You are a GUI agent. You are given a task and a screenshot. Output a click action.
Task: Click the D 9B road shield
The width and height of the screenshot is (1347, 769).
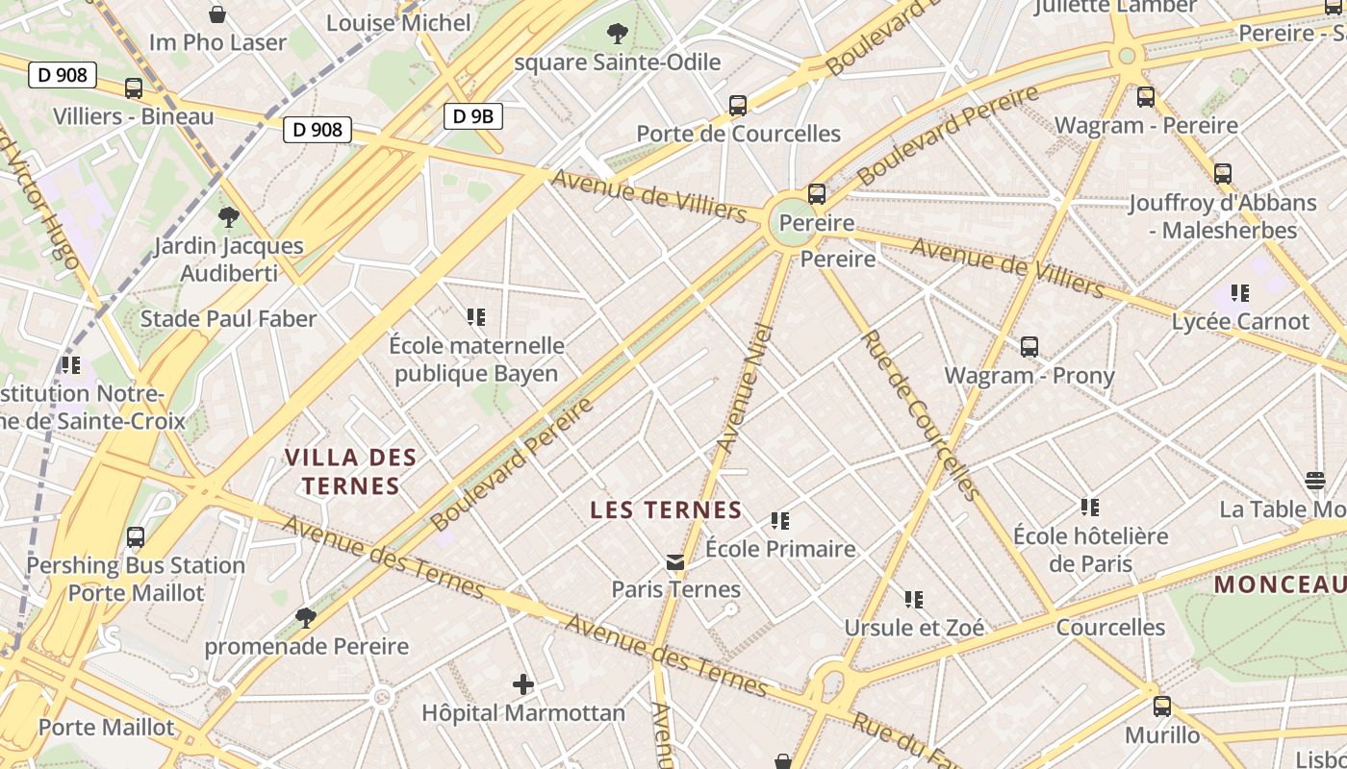(x=472, y=116)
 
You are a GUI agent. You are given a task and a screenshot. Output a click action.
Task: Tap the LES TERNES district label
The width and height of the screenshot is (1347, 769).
(x=666, y=509)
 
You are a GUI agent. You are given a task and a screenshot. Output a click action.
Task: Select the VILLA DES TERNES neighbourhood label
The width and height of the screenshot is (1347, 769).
(x=350, y=471)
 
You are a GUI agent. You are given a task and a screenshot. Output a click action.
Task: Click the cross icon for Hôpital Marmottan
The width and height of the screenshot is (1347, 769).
(x=522, y=684)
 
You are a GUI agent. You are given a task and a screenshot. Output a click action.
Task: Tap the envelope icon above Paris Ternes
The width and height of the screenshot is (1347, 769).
(x=675, y=561)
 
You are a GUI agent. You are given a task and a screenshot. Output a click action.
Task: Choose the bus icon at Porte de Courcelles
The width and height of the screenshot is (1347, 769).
(x=738, y=105)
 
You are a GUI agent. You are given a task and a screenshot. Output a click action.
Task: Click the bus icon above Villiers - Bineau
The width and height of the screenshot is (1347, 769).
(x=134, y=88)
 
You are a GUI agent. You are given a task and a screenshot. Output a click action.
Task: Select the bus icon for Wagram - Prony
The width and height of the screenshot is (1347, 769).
(x=1029, y=347)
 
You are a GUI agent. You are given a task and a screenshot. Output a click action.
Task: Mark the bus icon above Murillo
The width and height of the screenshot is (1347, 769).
(x=1162, y=707)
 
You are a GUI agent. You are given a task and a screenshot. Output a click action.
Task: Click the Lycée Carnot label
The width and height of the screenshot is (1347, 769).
(x=1240, y=321)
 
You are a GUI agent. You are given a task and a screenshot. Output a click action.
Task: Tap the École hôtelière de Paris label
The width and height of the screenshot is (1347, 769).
(x=1090, y=549)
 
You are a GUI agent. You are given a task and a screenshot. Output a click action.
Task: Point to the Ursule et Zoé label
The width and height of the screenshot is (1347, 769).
(x=914, y=628)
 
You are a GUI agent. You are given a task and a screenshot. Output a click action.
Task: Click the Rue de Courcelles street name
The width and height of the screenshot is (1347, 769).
(x=918, y=415)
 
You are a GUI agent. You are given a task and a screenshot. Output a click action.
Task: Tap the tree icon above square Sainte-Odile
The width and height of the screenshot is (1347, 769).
(x=618, y=35)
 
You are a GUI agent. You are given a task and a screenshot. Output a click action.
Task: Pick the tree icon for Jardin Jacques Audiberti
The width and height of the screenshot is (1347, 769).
(x=228, y=216)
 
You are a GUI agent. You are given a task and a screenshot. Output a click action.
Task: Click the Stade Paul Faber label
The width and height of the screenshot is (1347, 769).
(x=228, y=318)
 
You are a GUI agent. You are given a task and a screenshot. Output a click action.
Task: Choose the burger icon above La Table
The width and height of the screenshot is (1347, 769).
(x=1315, y=480)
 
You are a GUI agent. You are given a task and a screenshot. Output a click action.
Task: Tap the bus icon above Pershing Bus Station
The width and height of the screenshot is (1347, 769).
(x=136, y=537)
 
